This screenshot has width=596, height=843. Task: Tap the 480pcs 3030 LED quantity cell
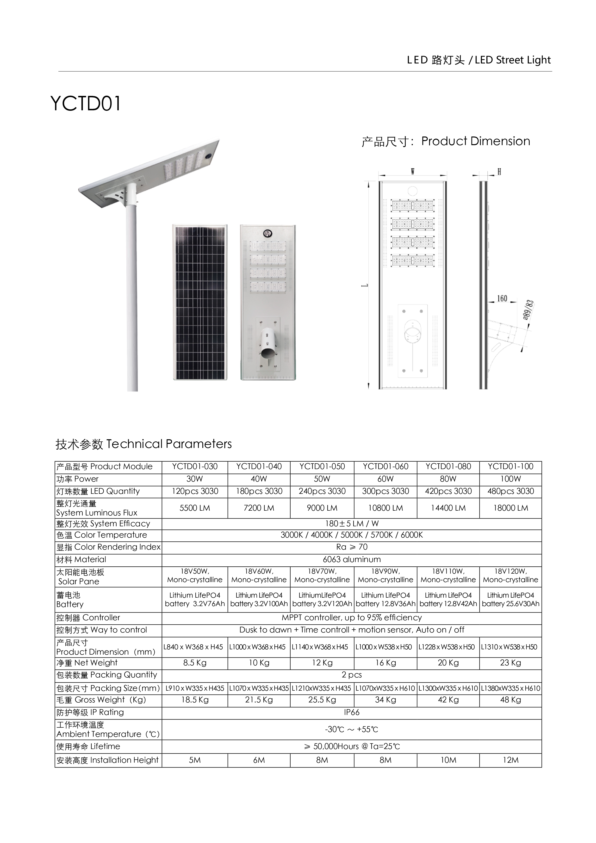click(510, 491)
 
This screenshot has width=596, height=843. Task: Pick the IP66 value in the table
click(351, 712)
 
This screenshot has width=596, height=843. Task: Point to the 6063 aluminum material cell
click(351, 559)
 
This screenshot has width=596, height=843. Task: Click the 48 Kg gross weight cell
click(510, 700)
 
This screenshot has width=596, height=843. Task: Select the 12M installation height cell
click(510, 760)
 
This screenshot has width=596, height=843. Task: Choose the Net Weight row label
click(87, 663)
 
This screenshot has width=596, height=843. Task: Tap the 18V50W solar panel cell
click(195, 576)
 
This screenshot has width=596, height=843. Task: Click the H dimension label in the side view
click(499, 172)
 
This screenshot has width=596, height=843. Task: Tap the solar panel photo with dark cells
click(200, 303)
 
